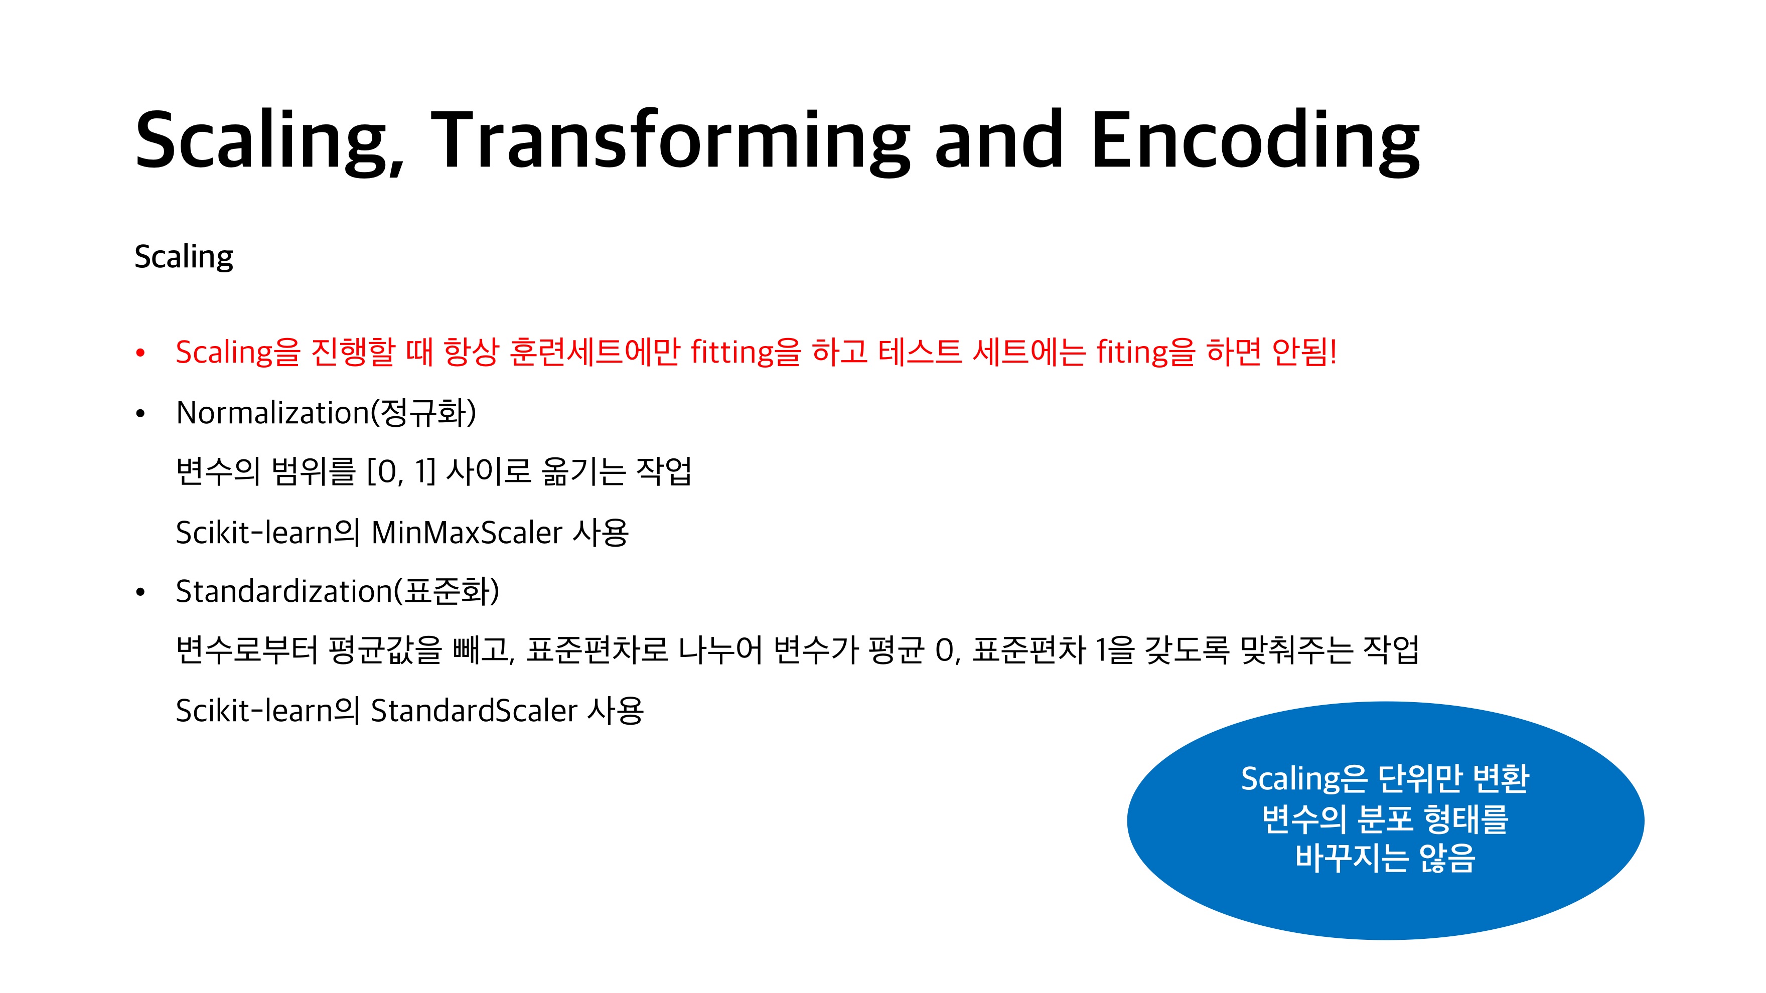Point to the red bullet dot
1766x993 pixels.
(140, 353)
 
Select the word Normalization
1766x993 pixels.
(273, 413)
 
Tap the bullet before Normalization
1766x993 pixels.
(140, 413)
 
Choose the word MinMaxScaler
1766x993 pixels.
(467, 533)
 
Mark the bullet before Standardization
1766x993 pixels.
(140, 592)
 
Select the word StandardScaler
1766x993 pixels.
(475, 711)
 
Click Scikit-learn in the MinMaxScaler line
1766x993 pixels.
(254, 533)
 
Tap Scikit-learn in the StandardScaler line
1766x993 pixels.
(254, 711)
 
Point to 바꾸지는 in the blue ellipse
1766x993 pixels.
(1350, 857)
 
